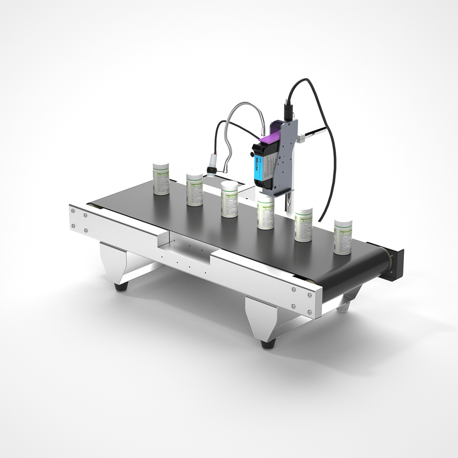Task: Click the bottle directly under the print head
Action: [266, 213]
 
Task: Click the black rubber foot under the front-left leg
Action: [121, 288]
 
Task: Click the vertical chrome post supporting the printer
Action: [289, 202]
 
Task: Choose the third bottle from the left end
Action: [229, 199]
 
